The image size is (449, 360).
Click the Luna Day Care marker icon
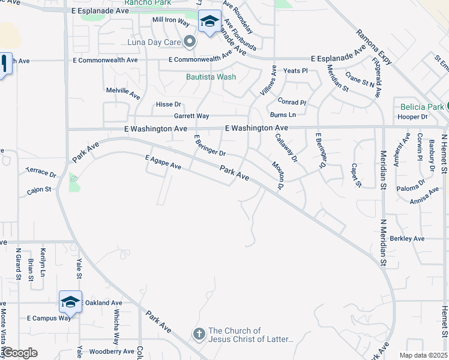click(x=190, y=42)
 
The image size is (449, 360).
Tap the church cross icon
click(x=199, y=333)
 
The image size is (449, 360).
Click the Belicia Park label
click(x=423, y=107)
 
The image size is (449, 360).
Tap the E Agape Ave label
click(x=163, y=161)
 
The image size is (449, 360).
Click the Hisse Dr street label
click(x=168, y=104)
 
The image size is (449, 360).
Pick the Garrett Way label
click(x=191, y=116)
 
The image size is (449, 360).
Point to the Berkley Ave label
click(x=407, y=238)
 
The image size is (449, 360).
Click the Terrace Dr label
click(x=41, y=172)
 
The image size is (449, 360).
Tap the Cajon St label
click(x=39, y=190)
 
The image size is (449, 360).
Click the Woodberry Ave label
click(x=111, y=351)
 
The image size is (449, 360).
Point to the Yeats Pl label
click(x=295, y=71)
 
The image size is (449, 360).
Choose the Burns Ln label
click(x=283, y=115)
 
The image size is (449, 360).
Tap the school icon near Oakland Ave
click(x=70, y=302)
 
